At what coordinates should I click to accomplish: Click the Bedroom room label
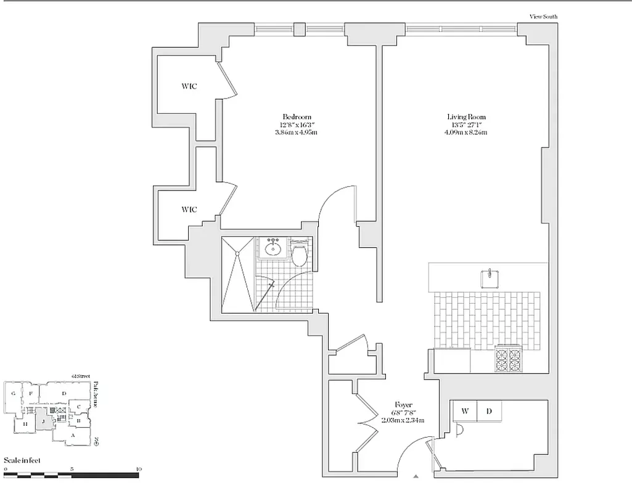(297, 116)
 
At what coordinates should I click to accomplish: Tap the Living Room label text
(466, 116)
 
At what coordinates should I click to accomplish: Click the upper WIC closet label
(189, 86)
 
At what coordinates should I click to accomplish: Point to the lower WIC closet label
(189, 210)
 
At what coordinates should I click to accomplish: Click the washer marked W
(465, 411)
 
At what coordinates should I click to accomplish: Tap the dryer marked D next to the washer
(489, 411)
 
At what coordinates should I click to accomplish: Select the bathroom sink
(272, 249)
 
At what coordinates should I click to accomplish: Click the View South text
(543, 17)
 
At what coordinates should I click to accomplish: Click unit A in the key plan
(73, 435)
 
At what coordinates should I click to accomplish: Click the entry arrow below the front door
(417, 475)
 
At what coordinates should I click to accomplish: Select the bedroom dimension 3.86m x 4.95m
(297, 132)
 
